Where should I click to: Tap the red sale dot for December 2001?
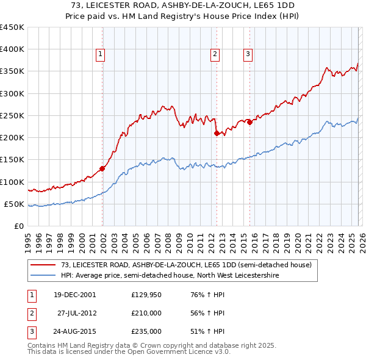(x=102, y=169)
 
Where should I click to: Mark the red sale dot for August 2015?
(x=250, y=122)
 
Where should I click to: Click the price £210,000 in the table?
(x=146, y=313)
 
